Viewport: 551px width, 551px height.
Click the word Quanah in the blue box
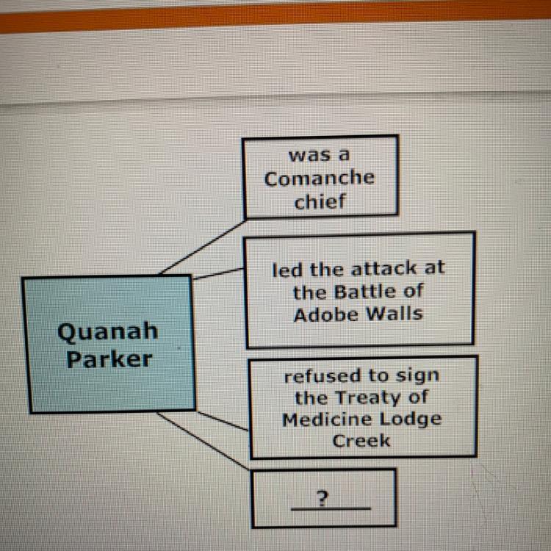(107, 331)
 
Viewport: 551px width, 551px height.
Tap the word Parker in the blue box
(109, 359)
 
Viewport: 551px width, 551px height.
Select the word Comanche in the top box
(319, 179)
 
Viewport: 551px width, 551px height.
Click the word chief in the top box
(320, 202)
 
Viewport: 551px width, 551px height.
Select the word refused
(323, 377)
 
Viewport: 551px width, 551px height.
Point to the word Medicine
(325, 419)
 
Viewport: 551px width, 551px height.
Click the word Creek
(361, 441)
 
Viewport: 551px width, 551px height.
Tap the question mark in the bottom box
(321, 500)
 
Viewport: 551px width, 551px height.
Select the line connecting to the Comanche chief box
(203, 246)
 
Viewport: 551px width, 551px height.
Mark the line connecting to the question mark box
(204, 440)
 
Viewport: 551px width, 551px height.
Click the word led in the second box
(286, 269)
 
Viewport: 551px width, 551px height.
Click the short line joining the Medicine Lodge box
(223, 422)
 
